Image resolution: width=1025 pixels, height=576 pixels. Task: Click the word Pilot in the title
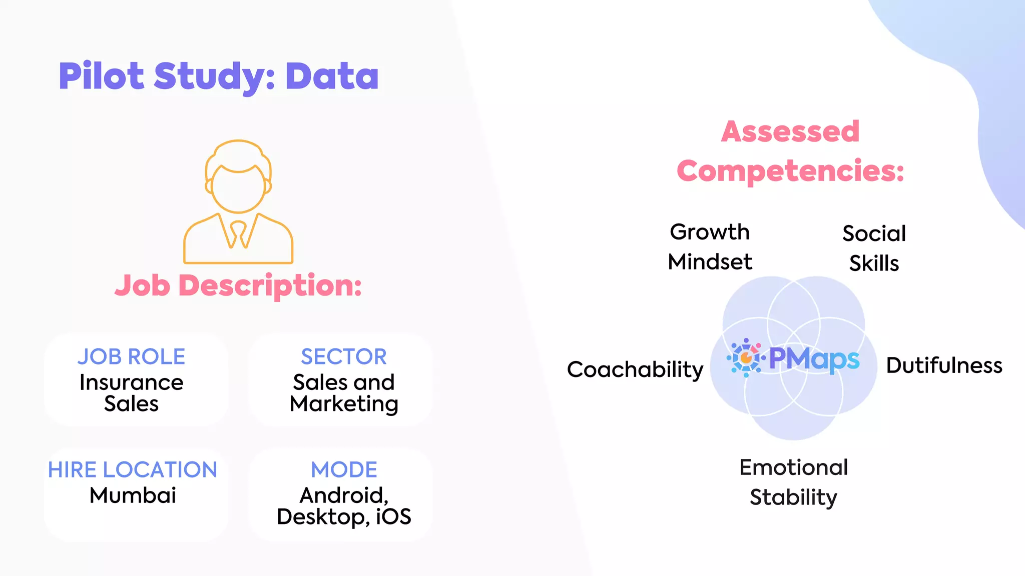[x=102, y=76]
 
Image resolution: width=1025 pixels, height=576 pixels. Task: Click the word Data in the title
[x=332, y=76]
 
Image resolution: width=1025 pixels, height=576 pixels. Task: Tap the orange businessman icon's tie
[x=238, y=233]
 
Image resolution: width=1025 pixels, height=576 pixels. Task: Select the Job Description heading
[x=238, y=285]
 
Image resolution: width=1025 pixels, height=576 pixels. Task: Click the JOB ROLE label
[x=132, y=356]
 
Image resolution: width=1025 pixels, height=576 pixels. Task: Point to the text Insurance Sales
[x=132, y=393]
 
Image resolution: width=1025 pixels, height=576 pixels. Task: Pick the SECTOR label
[x=344, y=356]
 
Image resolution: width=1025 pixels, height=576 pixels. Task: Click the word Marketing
[x=344, y=404]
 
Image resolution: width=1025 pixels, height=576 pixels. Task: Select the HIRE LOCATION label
[x=133, y=469]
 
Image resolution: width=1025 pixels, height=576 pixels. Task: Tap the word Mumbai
[x=133, y=495]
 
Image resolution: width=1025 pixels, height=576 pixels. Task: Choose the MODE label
[x=344, y=469]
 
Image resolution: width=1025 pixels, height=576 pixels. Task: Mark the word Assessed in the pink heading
[x=790, y=131]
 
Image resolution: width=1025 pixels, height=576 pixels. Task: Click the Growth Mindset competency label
[x=710, y=247]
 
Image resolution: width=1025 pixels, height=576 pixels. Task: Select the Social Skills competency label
[x=874, y=248]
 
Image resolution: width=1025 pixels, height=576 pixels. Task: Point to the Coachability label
[x=635, y=369]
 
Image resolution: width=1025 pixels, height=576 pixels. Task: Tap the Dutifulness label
[x=944, y=365]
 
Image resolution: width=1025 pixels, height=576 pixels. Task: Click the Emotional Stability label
[x=793, y=482]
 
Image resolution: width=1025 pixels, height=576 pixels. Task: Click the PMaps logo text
[x=814, y=359]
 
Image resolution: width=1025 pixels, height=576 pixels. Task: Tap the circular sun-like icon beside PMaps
[x=746, y=357]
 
